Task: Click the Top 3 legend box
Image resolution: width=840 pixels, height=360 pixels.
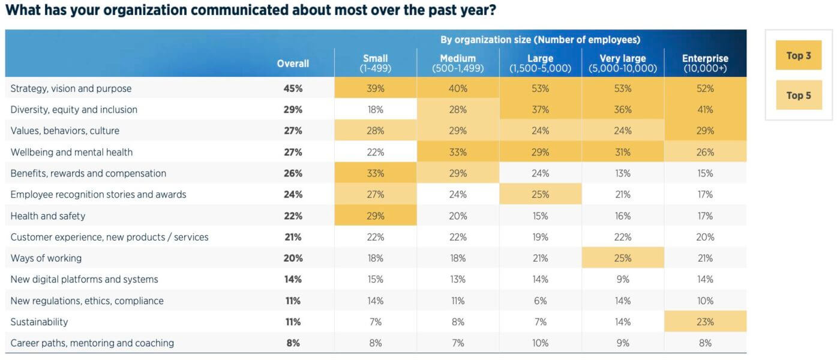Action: tap(799, 55)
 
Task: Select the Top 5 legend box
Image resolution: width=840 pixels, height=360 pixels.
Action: tap(799, 95)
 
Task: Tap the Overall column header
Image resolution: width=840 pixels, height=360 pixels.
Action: tap(293, 64)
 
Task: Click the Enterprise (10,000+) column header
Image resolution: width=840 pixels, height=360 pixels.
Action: tap(705, 64)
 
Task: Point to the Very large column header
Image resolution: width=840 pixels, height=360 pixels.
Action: tap(623, 64)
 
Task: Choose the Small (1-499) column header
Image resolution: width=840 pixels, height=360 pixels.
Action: tap(376, 64)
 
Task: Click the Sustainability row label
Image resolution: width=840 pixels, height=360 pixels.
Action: tap(39, 322)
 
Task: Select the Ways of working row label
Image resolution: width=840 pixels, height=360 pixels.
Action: tap(46, 258)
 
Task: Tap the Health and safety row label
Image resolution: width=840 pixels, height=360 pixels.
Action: tap(47, 216)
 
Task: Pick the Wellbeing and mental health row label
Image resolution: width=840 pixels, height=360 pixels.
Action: tap(71, 152)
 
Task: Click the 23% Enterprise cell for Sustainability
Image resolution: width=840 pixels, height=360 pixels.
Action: tap(706, 322)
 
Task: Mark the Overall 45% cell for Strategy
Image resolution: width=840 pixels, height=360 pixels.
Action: tap(293, 89)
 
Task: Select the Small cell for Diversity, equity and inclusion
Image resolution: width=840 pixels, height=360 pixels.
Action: tap(376, 109)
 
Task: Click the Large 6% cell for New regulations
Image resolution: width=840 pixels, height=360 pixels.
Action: tap(540, 301)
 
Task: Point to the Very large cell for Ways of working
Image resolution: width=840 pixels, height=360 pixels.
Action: tap(623, 257)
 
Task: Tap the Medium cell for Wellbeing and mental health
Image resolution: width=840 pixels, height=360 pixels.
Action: tap(458, 151)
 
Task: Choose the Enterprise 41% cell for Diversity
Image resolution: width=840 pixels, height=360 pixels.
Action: tap(706, 109)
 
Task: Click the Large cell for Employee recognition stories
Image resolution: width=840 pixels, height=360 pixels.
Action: tap(541, 194)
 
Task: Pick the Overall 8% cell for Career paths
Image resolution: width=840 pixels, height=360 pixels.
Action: tap(293, 343)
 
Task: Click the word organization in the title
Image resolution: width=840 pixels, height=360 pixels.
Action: tap(145, 11)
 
